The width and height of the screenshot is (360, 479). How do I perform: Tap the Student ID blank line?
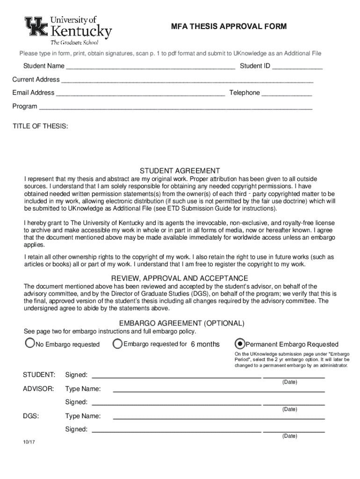pyautogui.click(x=297, y=66)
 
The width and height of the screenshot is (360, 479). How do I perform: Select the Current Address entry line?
pyautogui.click(x=187, y=80)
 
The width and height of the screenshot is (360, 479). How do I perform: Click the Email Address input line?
pyautogui.click(x=140, y=93)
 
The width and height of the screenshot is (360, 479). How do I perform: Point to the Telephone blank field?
pyautogui.click(x=287, y=93)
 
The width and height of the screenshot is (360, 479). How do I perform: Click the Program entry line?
pyautogui.click(x=175, y=107)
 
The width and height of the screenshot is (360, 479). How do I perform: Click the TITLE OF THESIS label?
pyautogui.click(x=40, y=127)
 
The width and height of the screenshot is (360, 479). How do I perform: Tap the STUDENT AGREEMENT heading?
pyautogui.click(x=180, y=171)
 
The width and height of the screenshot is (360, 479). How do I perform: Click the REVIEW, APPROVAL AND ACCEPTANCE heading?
pyautogui.click(x=180, y=278)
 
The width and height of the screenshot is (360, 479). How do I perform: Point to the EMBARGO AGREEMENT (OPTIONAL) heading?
pyautogui.click(x=181, y=324)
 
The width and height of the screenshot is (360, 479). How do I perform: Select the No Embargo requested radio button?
pyautogui.click(x=30, y=344)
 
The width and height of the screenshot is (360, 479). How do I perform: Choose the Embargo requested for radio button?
pyautogui.click(x=118, y=344)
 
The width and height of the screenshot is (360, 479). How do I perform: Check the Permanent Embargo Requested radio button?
pyautogui.click(x=240, y=344)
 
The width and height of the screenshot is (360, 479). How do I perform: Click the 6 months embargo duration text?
pyautogui.click(x=205, y=344)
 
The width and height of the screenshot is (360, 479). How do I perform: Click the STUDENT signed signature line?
pyautogui.click(x=176, y=375)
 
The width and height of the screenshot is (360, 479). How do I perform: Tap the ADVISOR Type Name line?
pyautogui.click(x=219, y=389)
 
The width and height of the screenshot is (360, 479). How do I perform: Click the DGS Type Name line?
pyautogui.click(x=219, y=416)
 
